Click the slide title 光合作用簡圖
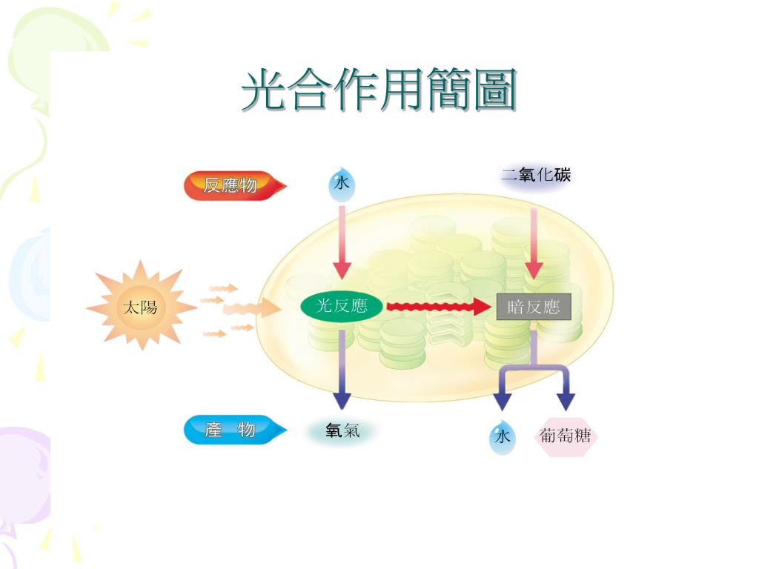coord(379,91)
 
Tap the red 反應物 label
coord(230,185)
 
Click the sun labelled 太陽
coord(140,306)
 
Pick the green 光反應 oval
coord(342,306)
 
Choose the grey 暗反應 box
coord(534,307)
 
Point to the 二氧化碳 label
coord(536,176)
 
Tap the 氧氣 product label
coord(342,430)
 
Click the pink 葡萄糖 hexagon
coord(566,436)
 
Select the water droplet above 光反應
coord(341,185)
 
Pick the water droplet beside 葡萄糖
coord(503,437)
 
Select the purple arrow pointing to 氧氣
coord(341,370)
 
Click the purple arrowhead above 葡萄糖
coord(566,401)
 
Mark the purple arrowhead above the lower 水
coord(503,401)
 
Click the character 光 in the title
coord(263,91)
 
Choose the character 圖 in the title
coord(494,91)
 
